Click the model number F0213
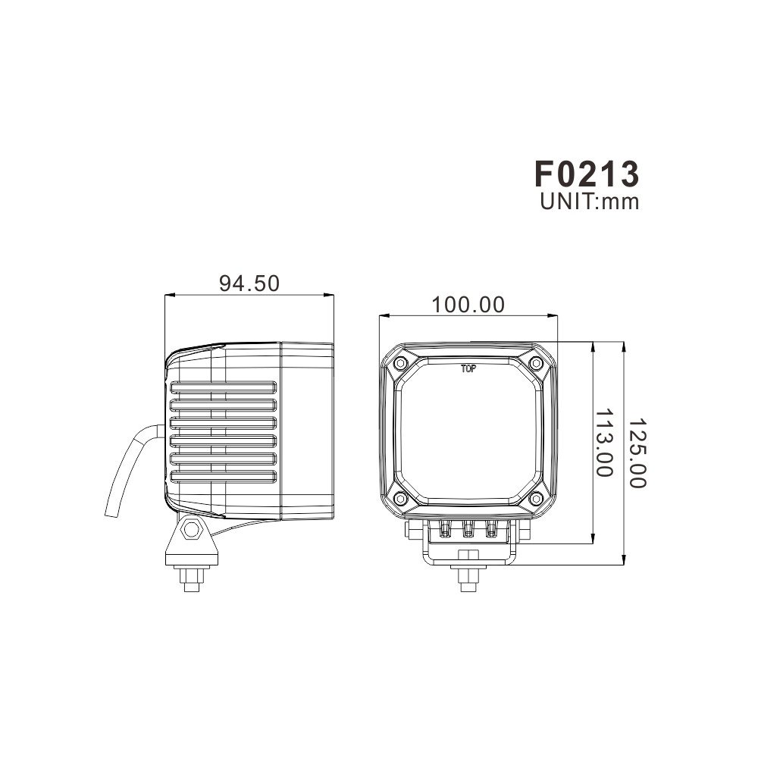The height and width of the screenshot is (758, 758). [587, 174]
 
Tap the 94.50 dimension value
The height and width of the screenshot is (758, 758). [249, 283]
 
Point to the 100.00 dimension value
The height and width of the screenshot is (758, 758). [468, 305]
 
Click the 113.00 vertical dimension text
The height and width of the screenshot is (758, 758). [603, 443]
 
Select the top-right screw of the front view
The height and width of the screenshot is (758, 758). [535, 364]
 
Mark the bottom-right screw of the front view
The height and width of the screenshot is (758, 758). [535, 498]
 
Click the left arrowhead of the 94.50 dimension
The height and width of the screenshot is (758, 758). [169, 296]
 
